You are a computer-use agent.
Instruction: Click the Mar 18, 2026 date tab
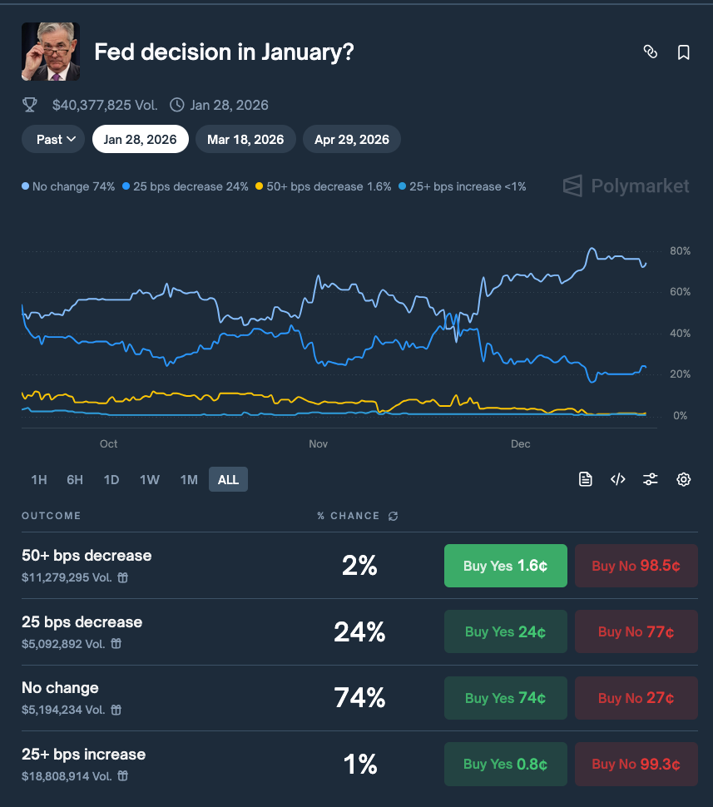[245, 139]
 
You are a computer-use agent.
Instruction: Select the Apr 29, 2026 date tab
[352, 139]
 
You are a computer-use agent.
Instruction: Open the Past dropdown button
[56, 139]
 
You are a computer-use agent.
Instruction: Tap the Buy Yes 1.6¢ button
[506, 566]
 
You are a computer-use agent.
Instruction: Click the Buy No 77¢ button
[636, 631]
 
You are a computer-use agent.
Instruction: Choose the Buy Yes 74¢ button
[506, 698]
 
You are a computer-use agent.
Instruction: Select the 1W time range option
[150, 479]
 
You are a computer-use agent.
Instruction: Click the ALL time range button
[228, 479]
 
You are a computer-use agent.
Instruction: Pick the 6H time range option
[75, 479]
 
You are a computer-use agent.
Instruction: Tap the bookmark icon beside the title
[684, 52]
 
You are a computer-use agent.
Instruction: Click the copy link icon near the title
[651, 52]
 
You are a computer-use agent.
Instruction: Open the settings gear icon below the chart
[684, 479]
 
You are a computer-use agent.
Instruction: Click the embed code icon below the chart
[618, 479]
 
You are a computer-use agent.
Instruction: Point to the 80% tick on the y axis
[679, 251]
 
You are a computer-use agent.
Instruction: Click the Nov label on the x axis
[319, 444]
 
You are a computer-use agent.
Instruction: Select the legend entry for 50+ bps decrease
[324, 186]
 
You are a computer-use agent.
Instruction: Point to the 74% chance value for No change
[359, 698]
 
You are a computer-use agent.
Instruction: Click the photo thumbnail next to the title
[51, 52]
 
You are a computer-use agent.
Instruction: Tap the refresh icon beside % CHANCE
[394, 516]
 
